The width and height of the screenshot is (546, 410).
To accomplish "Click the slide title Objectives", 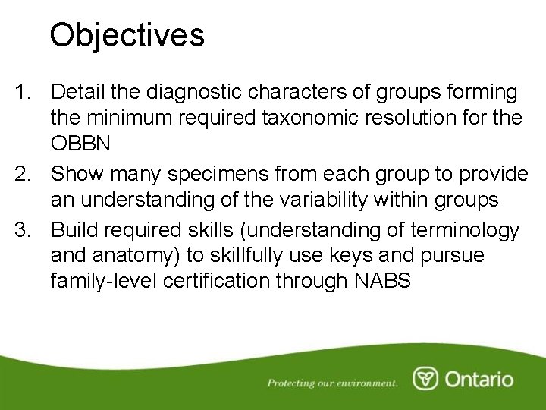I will coord(127,35).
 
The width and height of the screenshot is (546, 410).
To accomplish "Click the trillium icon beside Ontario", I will coord(425,379).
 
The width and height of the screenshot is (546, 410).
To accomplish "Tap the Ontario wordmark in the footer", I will coord(479,379).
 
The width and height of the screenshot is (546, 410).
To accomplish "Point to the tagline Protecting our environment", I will coord(332,383).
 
